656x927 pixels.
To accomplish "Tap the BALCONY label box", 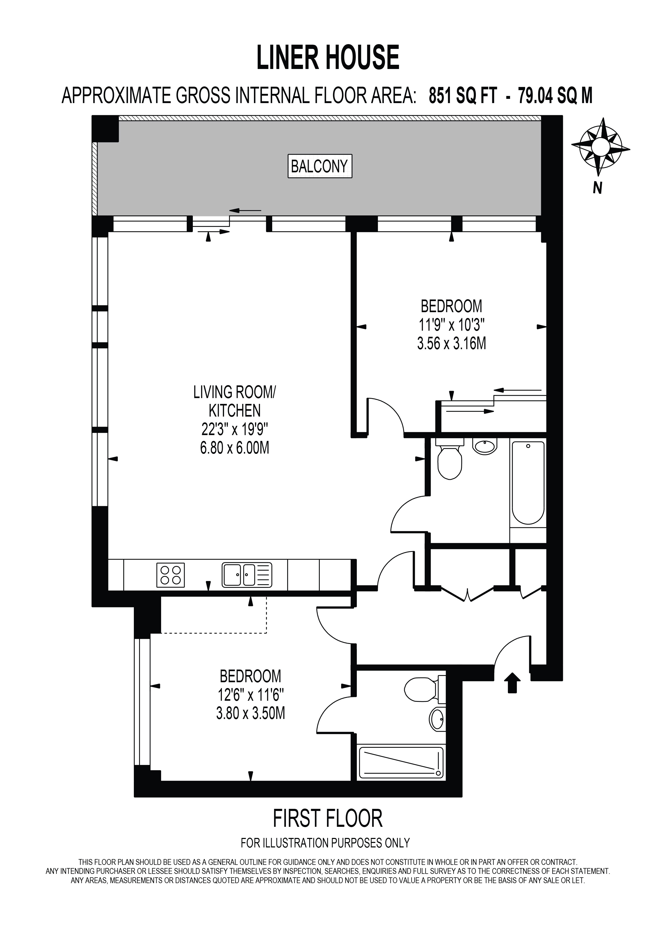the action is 320,166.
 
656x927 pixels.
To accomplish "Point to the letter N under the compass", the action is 598,188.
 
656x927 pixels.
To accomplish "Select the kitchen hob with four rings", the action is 170,575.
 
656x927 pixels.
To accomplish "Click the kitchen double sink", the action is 247,575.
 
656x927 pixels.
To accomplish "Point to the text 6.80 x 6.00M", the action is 235,448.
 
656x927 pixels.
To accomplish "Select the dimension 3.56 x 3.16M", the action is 452,344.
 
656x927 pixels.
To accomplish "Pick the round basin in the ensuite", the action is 437,718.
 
